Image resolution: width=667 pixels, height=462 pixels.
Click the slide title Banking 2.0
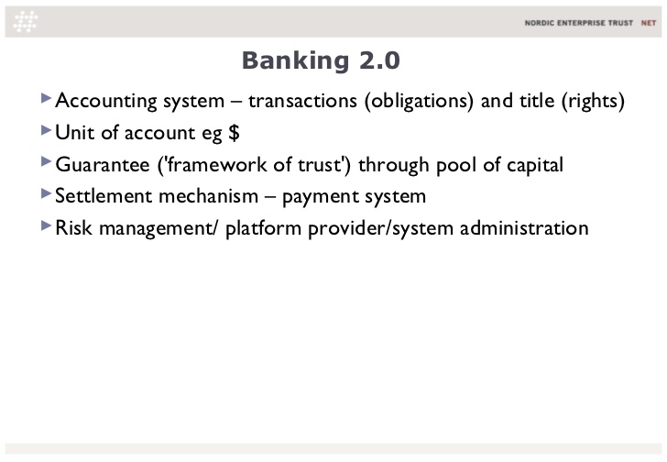point(321,60)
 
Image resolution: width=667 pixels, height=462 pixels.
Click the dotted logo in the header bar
point(26,21)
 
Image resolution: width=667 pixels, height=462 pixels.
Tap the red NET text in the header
point(649,23)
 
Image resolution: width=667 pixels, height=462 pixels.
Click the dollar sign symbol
point(234,132)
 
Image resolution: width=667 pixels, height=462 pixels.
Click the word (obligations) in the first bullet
point(419,102)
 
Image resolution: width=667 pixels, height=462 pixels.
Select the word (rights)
point(593,102)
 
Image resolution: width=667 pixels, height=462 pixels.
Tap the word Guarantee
point(103,165)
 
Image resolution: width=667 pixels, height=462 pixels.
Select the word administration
point(524,228)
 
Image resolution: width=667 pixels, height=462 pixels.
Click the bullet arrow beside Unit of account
point(46,130)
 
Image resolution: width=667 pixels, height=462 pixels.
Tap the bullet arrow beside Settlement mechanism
point(46,193)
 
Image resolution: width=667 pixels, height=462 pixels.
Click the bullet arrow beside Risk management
point(46,225)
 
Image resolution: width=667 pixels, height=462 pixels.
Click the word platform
point(263,229)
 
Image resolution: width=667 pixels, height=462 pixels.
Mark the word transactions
point(303,101)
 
